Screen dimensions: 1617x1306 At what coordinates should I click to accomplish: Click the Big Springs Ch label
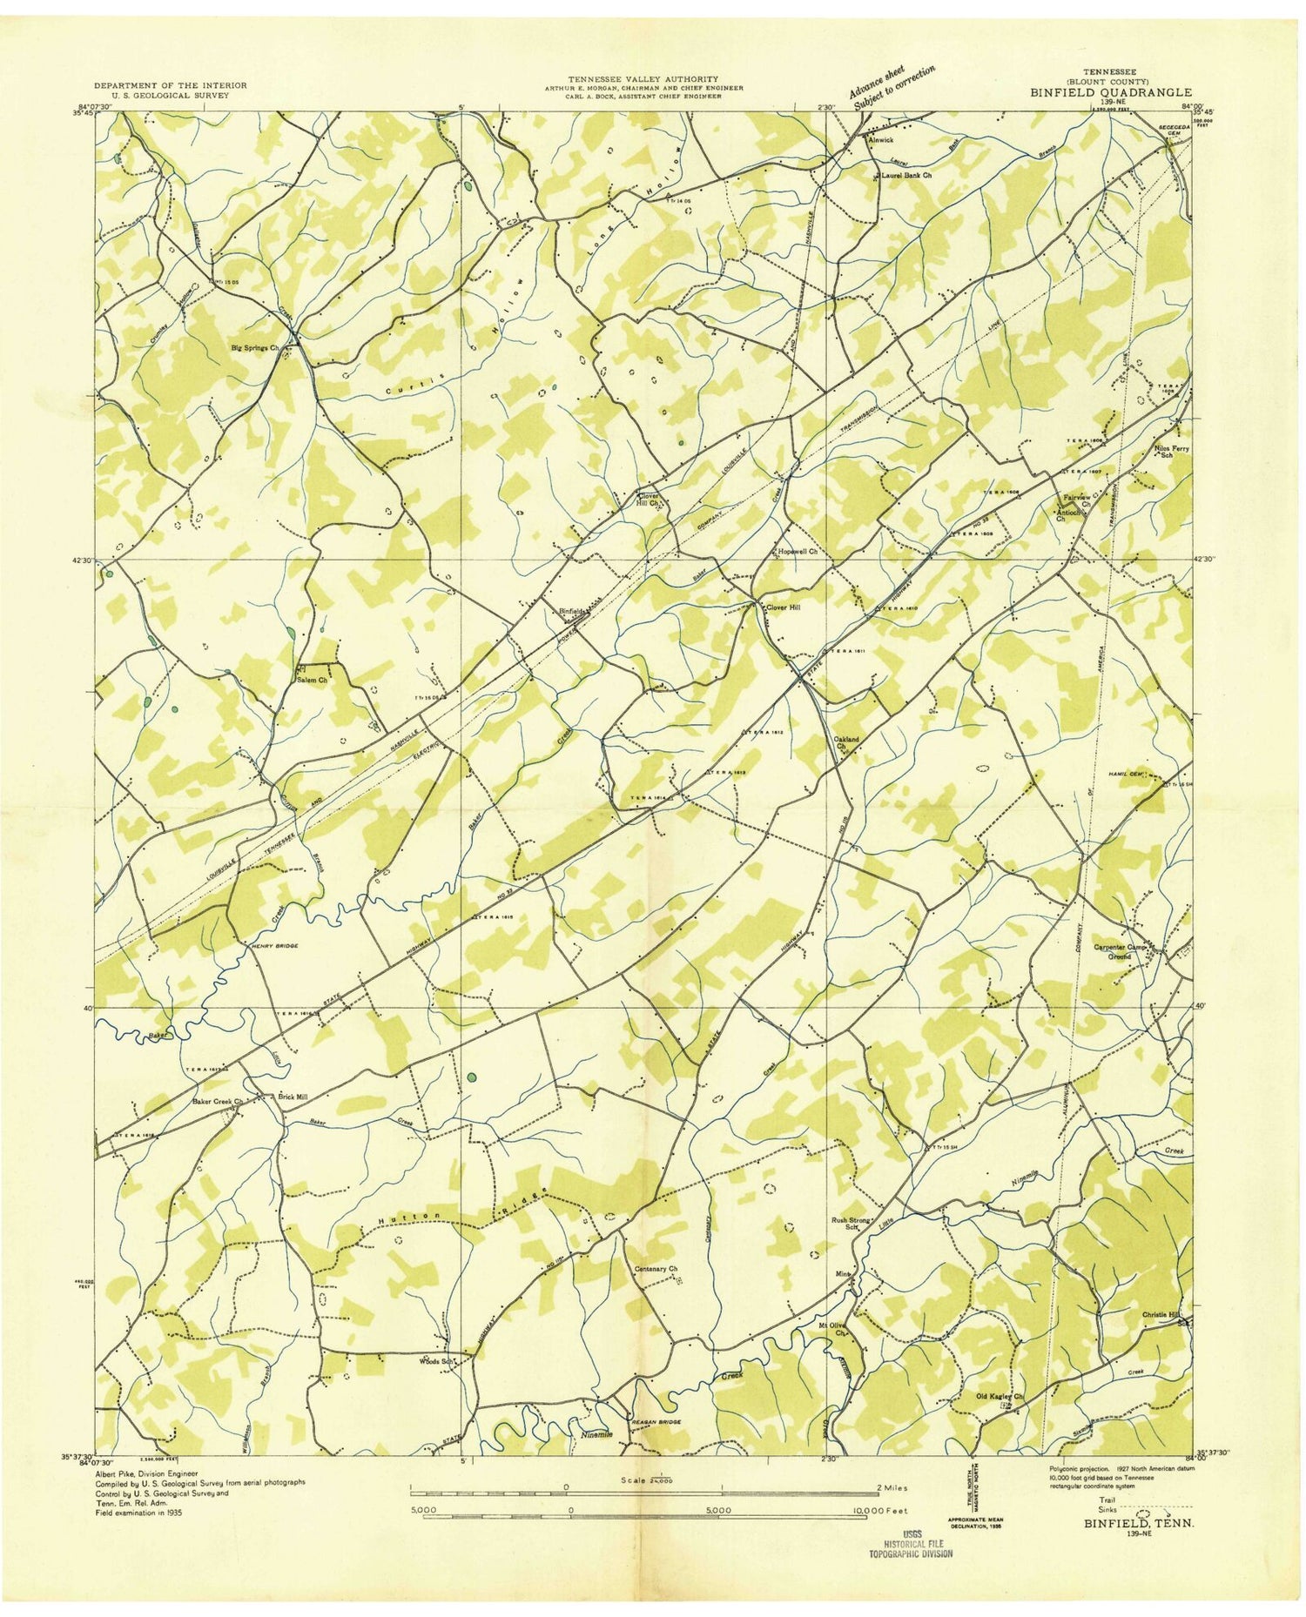click(254, 347)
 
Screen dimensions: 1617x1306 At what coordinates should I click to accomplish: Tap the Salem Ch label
click(311, 680)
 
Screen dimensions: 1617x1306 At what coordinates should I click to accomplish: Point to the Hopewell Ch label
click(797, 552)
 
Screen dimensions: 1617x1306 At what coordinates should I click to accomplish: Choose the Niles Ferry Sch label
click(1171, 453)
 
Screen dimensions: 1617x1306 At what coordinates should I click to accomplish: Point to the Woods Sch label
click(439, 1360)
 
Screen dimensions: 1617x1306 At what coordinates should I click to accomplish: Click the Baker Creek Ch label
click(216, 1101)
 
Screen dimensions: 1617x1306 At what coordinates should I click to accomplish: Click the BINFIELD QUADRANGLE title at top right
click(1112, 91)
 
